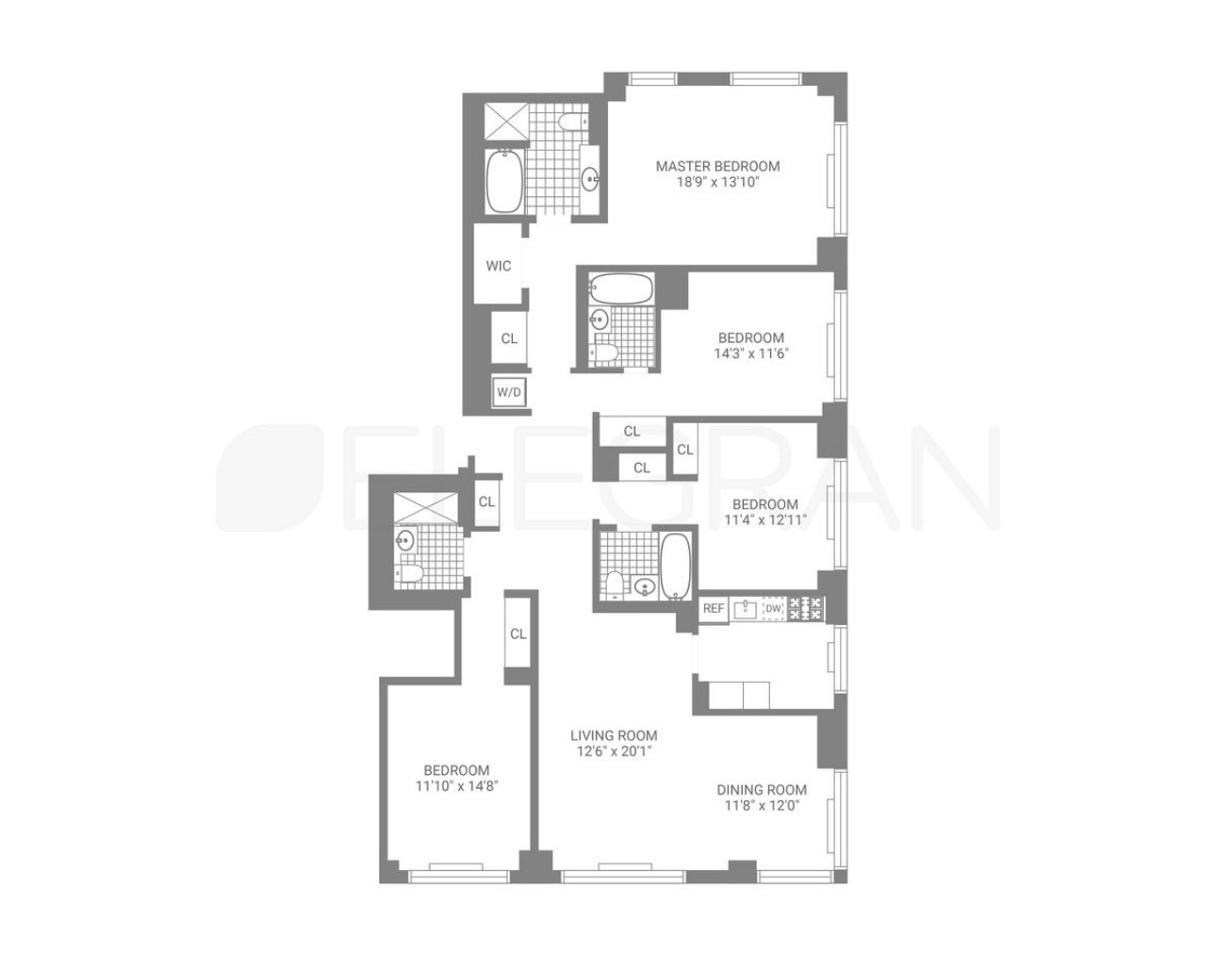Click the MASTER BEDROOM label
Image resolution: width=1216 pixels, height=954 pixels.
[x=717, y=166]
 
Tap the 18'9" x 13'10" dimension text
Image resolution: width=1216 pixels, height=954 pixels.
[x=717, y=182]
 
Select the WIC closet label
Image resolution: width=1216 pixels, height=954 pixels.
[x=498, y=266]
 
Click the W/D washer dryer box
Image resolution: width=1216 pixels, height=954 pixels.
[x=509, y=392]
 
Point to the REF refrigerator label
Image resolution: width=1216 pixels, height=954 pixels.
[x=714, y=608]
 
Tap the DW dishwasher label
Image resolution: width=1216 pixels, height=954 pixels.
[x=773, y=608]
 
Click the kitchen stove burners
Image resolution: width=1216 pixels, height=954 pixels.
[x=805, y=608]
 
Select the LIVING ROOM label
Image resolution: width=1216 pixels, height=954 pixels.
[x=614, y=735]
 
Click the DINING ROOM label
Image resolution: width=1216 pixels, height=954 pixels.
[x=762, y=789]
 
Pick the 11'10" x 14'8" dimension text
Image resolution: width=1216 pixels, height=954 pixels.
[x=456, y=786]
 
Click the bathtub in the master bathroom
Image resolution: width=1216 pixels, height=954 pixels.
[x=504, y=181]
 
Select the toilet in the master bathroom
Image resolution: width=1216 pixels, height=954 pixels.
[x=572, y=122]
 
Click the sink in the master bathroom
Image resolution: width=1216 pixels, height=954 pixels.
[x=590, y=179]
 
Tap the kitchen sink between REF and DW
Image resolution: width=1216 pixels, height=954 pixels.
[x=746, y=609]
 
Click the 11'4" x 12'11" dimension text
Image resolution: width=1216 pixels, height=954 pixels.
[x=765, y=519]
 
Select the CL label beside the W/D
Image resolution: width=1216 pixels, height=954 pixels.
[x=509, y=338]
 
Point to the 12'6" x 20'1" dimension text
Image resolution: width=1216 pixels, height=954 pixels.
[x=614, y=751]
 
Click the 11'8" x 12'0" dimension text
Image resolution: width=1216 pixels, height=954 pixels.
[x=762, y=806]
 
